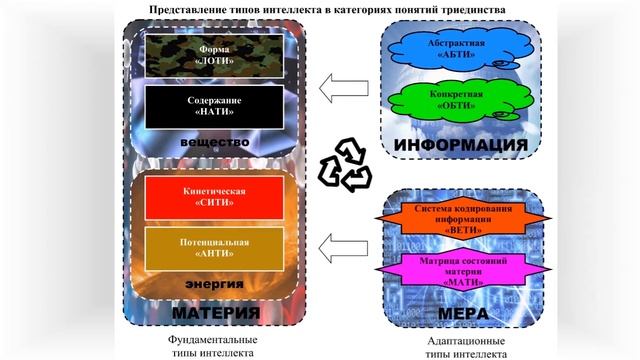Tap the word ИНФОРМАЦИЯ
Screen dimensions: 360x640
tap(461, 146)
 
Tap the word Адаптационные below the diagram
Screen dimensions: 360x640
tap(463, 338)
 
